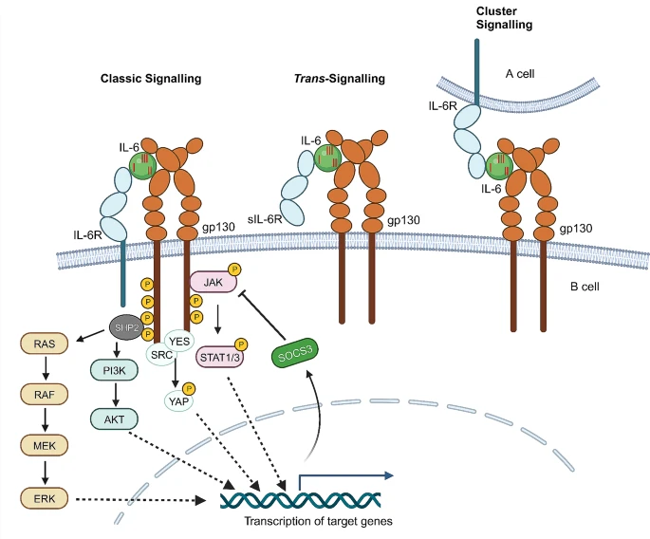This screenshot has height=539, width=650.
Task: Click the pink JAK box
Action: pos(214,282)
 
